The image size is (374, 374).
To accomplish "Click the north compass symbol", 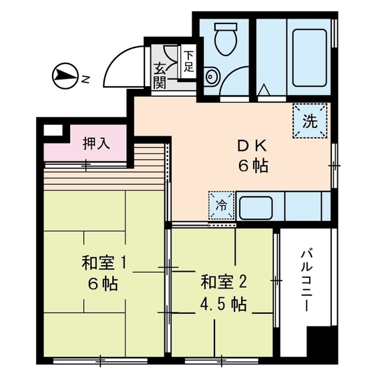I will coord(65,76).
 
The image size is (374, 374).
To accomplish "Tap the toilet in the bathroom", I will coord(224,39).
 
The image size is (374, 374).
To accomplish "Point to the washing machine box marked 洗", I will coord(310,122).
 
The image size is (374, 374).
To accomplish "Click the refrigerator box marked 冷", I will coord(221,206).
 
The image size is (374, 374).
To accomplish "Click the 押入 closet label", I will coord(96,143).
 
